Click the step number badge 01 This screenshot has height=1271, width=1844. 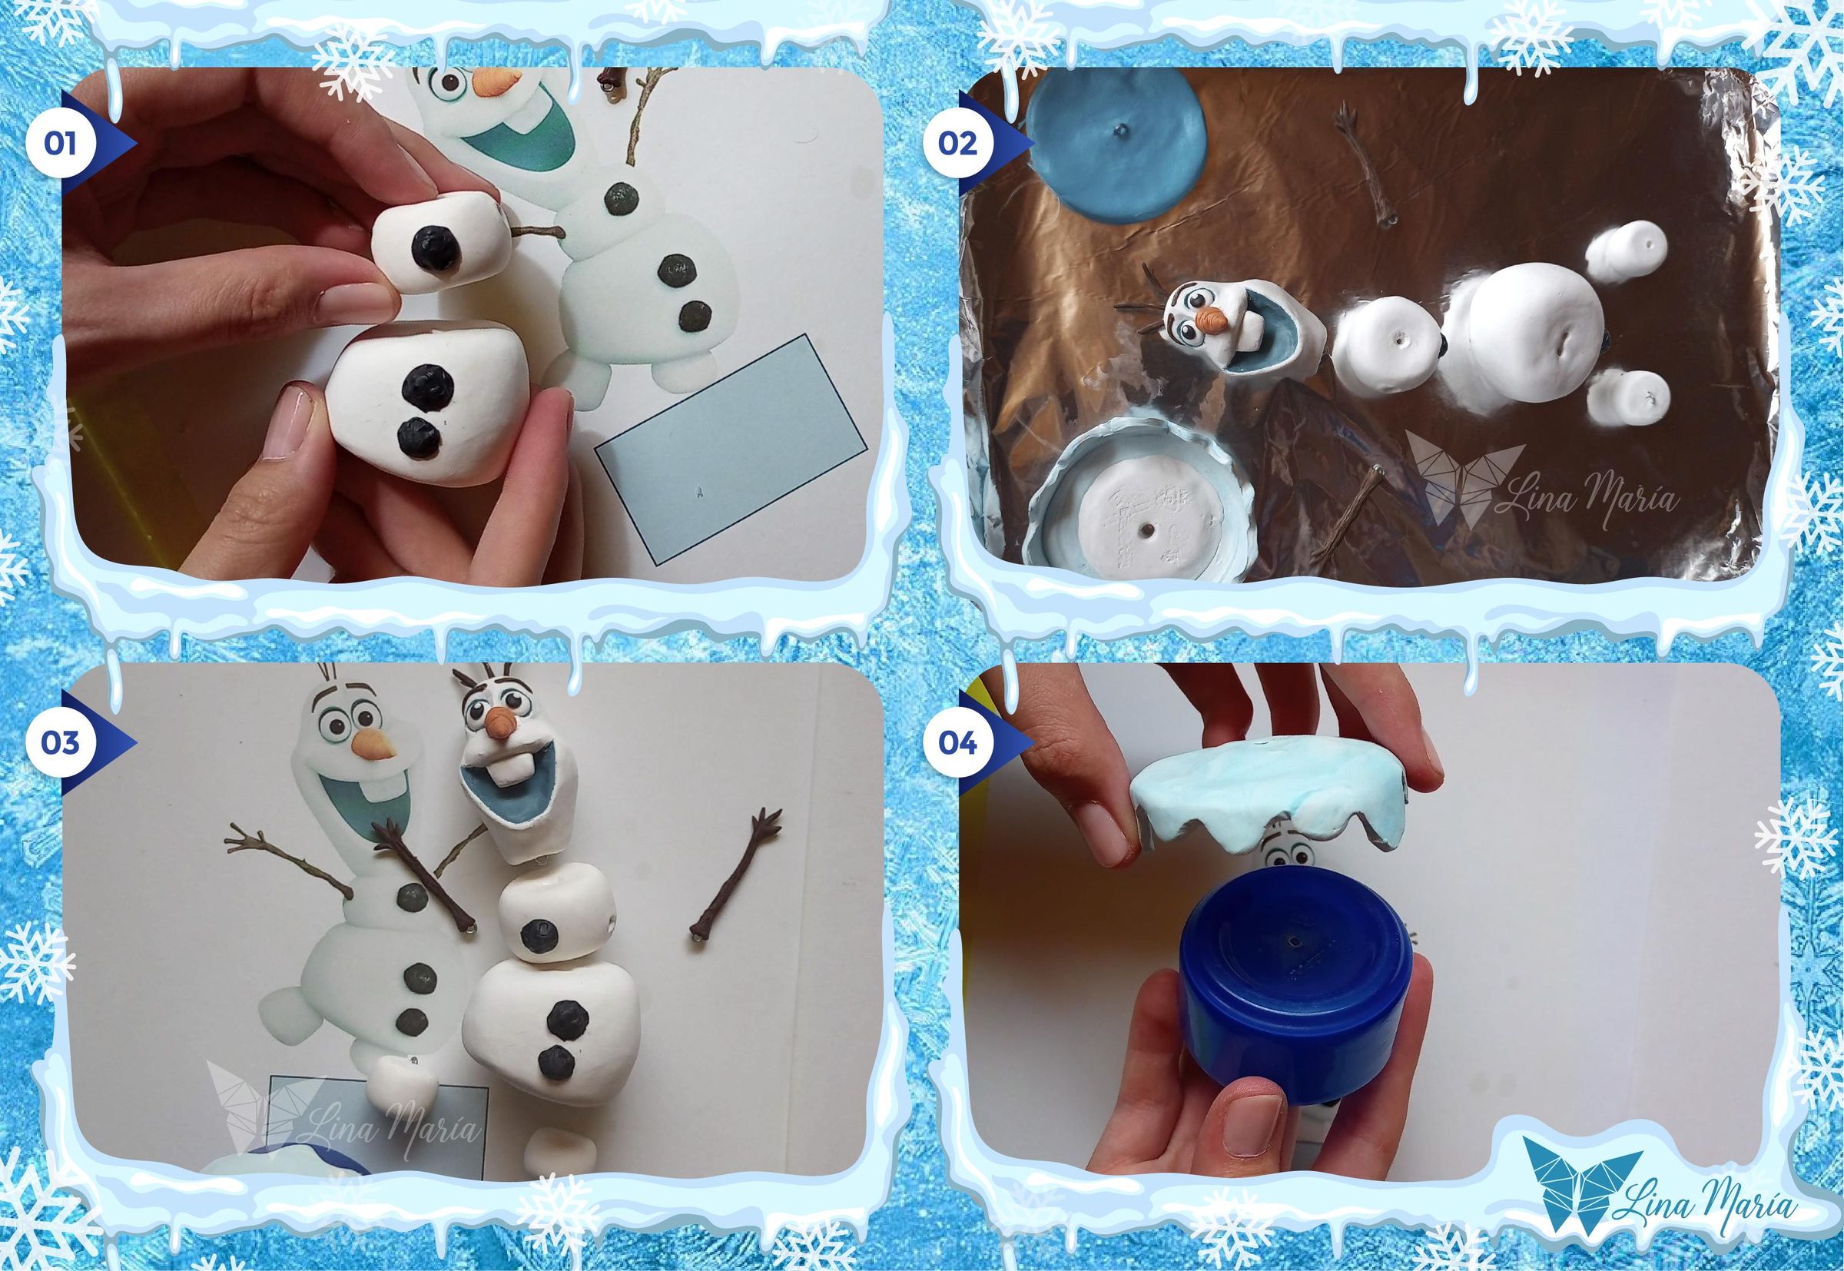coord(61,144)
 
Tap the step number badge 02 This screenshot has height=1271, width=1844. coord(958,144)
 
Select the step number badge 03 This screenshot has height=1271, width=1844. coord(61,742)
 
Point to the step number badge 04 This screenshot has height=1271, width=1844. coord(958,742)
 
